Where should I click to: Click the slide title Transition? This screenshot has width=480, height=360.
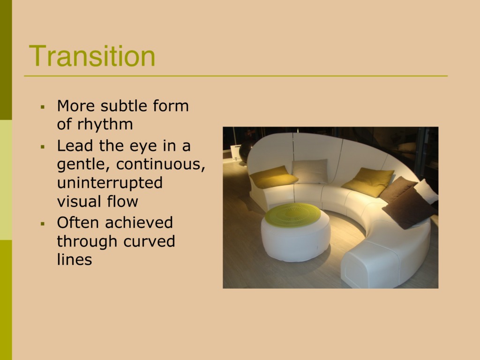coord(92,56)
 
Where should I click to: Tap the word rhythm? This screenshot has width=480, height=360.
coord(105,124)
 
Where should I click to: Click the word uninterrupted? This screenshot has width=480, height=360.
coord(110,183)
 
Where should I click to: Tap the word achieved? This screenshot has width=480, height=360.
coord(139,222)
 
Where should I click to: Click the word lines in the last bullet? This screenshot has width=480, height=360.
coord(75,260)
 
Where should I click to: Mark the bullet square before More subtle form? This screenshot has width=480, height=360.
coord(43,107)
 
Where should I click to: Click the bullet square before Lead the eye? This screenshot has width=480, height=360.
coord(43,147)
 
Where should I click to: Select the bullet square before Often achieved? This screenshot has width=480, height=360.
coord(43,224)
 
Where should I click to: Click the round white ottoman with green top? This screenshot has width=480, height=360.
coord(295,236)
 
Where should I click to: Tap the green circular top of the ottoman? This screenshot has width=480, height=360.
coord(292,215)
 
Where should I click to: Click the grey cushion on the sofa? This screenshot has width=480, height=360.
coord(310,172)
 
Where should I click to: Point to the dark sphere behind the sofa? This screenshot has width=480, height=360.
coord(246,151)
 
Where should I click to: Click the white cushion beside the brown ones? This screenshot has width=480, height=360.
coord(427,191)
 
